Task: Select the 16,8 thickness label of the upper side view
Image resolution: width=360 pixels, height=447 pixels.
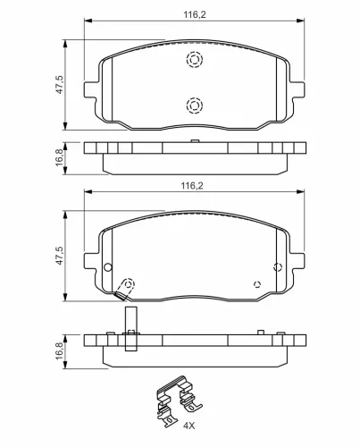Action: pyautogui.click(x=59, y=157)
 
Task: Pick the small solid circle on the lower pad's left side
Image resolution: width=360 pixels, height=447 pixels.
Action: pyautogui.click(x=108, y=266)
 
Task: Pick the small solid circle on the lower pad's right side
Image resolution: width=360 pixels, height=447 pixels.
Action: pyautogui.click(x=277, y=266)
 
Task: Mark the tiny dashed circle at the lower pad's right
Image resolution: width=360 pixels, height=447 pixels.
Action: pyautogui.click(x=257, y=285)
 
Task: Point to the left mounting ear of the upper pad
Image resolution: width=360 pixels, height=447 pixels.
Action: pyautogui.click(x=90, y=90)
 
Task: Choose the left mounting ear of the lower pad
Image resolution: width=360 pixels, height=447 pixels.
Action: pyautogui.click(x=90, y=261)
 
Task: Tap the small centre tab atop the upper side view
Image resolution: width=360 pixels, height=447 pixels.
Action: pyautogui.click(x=194, y=141)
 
